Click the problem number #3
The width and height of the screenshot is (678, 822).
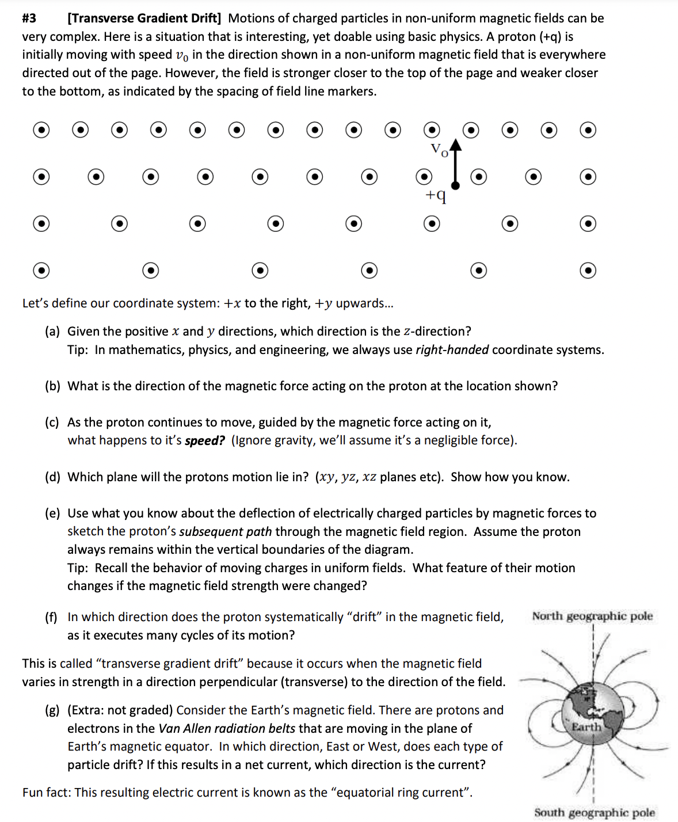tap(29, 18)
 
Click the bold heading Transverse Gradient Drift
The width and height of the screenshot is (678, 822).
tap(144, 18)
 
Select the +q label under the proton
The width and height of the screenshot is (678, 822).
tap(435, 196)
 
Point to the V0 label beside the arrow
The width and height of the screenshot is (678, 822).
tap(439, 150)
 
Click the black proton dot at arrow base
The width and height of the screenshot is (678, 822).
tap(455, 185)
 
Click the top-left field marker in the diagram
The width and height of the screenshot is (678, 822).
tap(41, 131)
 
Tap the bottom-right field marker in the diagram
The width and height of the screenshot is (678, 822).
tap(588, 270)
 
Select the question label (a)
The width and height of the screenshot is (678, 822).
tap(52, 332)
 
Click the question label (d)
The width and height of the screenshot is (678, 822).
tap(52, 477)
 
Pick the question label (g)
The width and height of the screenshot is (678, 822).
tap(52, 710)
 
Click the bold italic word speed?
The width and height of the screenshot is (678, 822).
tap(204, 441)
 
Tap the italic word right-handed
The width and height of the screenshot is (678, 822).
tap(452, 350)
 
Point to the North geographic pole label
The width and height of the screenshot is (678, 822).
tap(592, 616)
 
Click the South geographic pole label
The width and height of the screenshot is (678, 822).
tap(594, 813)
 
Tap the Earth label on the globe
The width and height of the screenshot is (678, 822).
tap(586, 727)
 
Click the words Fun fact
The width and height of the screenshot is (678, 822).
tap(47, 793)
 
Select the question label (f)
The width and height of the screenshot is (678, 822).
tap(52, 618)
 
